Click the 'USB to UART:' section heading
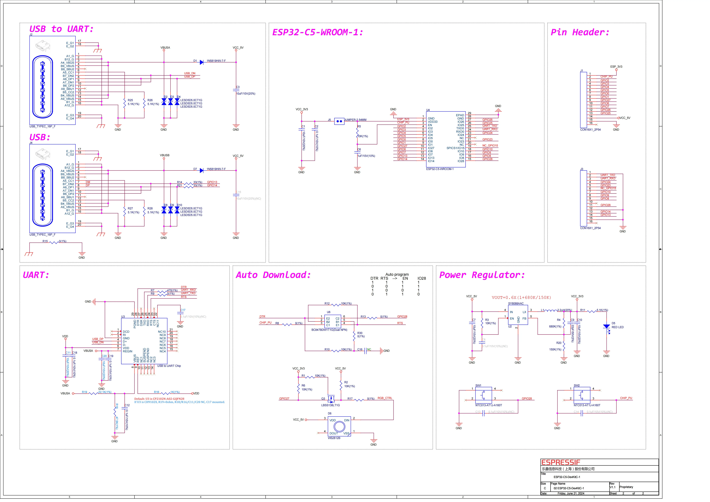click(61, 29)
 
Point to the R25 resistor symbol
click(125, 102)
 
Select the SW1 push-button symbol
click(483, 395)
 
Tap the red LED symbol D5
click(606, 327)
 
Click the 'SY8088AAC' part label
click(516, 304)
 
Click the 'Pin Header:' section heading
click(580, 32)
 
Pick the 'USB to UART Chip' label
click(169, 366)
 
